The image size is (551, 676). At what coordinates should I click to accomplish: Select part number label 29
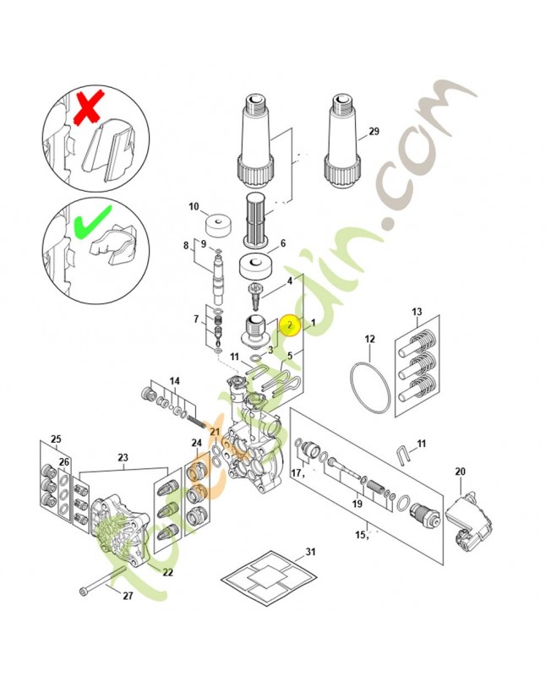click(374, 133)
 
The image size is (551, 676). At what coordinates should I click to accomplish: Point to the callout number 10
click(194, 207)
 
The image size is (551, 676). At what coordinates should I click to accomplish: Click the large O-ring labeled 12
click(371, 389)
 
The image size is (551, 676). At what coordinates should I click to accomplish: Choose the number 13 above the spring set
click(416, 312)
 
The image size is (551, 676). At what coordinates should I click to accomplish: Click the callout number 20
click(460, 472)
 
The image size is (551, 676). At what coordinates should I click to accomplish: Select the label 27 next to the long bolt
click(128, 596)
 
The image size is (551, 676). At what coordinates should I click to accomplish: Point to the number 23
click(123, 459)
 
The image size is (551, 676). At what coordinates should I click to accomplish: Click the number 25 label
click(56, 439)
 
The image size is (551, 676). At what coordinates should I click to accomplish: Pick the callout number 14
click(174, 382)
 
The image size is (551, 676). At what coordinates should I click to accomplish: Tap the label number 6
click(282, 243)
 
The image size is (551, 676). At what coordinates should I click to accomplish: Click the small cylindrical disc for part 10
click(219, 226)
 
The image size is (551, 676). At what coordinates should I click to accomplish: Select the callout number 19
click(357, 504)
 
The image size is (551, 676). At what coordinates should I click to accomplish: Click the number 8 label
click(186, 245)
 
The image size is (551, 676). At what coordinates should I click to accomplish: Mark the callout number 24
click(196, 443)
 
